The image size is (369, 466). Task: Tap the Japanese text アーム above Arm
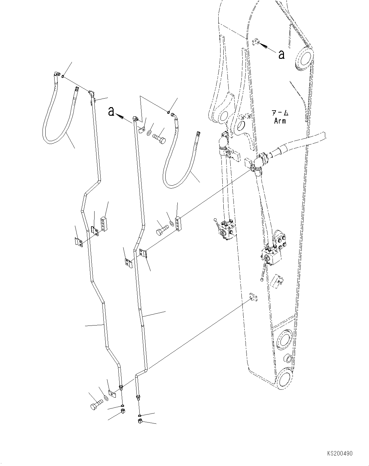[x=280, y=113]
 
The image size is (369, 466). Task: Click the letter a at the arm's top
[x=281, y=55]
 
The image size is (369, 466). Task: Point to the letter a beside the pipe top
[x=111, y=112]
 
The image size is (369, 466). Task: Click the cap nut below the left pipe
[x=123, y=413]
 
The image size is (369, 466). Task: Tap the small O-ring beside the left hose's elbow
[x=63, y=76]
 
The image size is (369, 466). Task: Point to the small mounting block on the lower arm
[x=253, y=297]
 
